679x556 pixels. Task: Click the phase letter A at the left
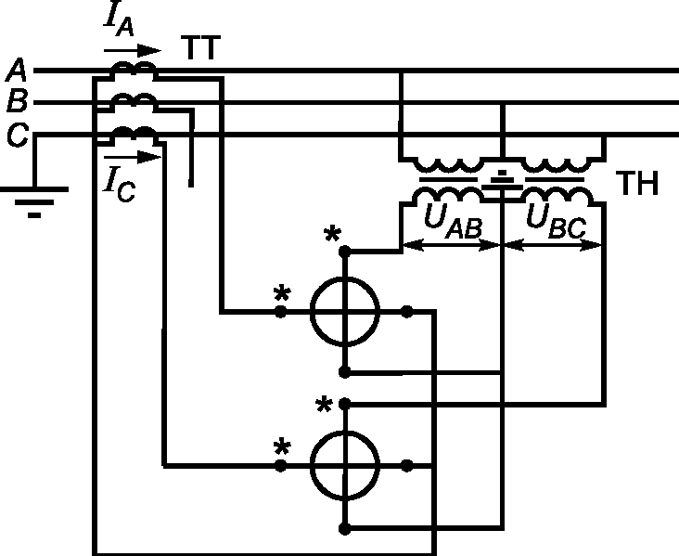(17, 70)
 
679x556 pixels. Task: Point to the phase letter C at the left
(18, 135)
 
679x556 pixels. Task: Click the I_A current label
(119, 19)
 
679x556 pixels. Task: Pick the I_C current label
(120, 185)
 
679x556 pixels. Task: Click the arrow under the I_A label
(133, 51)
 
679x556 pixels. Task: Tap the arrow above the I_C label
(133, 157)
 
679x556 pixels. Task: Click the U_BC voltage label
(556, 221)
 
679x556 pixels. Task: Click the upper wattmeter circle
(345, 312)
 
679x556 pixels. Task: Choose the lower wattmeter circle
(345, 466)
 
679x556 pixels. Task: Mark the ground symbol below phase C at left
(34, 202)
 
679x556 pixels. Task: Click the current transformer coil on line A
(134, 69)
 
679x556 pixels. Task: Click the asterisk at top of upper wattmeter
(332, 235)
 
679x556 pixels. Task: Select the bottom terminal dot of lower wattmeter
(345, 529)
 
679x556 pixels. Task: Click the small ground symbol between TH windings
(503, 182)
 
